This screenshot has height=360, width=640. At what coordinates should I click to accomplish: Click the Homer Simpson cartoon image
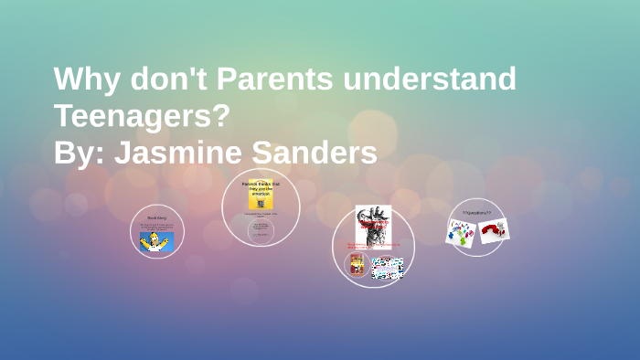pos(156,241)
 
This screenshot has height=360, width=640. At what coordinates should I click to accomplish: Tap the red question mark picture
pos(495,230)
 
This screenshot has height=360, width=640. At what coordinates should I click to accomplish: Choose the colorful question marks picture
pos(460,232)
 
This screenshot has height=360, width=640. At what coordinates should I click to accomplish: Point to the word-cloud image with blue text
pos(387,267)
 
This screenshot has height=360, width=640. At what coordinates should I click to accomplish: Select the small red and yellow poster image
pos(357,266)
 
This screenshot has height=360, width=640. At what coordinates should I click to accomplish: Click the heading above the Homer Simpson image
pos(156,218)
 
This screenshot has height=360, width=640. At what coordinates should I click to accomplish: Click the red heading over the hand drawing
pos(373,223)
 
